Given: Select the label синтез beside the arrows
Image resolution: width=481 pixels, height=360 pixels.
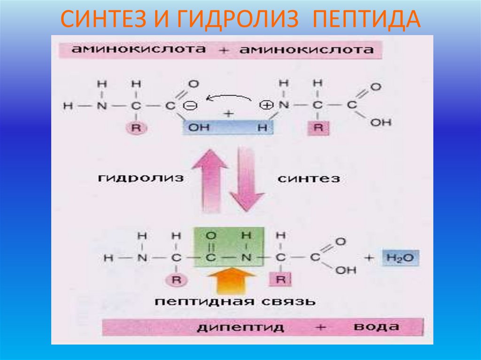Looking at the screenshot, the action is tap(309, 178).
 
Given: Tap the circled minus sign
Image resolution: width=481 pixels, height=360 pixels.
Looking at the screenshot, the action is tap(193, 106).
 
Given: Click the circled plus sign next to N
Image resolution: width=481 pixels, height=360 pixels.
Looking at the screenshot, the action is tap(266, 106).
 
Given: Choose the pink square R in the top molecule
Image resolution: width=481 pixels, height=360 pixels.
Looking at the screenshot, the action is tap(318, 128).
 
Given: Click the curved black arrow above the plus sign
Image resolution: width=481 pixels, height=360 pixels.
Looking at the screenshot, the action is tap(230, 98).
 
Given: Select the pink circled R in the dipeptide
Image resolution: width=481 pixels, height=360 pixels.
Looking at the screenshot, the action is tap(176, 280).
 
